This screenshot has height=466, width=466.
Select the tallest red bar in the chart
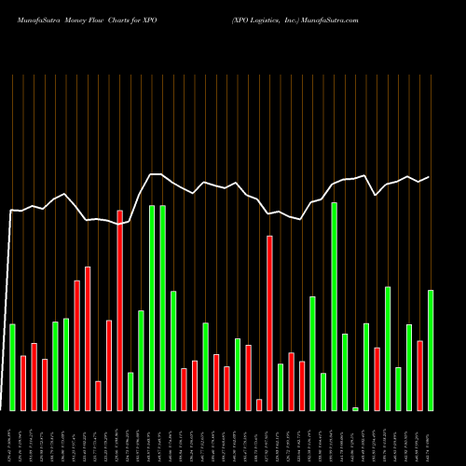coord(120,310)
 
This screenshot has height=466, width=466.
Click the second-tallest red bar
coord(270,322)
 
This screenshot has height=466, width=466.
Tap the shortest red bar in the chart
coord(259,404)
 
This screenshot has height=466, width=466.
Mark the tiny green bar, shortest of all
coord(355,408)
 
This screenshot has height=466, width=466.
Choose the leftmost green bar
coord(12,366)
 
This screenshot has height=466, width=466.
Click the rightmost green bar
coord(431,349)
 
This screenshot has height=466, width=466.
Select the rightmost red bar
coord(419,375)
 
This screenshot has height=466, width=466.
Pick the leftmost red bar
coord(23,382)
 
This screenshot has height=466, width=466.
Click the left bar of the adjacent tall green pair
coord(152,308)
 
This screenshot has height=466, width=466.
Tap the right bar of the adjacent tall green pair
coord(163,308)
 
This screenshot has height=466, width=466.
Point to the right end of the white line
coord(430,177)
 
